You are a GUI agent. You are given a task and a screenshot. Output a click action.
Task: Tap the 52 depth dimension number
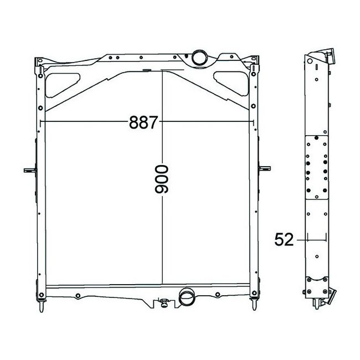click(284, 240)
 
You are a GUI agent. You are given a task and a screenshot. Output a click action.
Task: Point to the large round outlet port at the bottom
click(187, 297)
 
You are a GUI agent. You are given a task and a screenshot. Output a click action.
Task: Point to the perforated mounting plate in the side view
click(316, 168)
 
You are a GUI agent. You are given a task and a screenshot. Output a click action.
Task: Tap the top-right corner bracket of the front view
click(254, 64)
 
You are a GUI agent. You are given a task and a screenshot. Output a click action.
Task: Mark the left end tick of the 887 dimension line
click(42, 122)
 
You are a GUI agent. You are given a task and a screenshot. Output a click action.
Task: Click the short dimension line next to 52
click(315, 240)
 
